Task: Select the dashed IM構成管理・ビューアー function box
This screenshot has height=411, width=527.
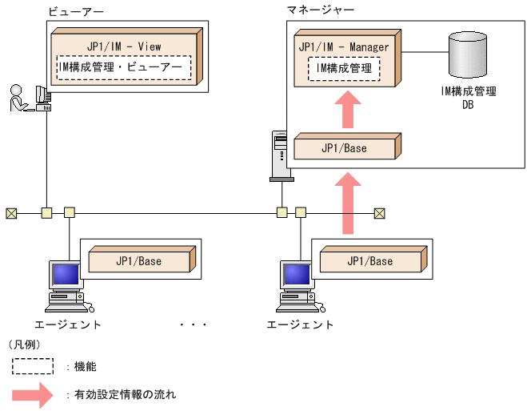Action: click(124, 68)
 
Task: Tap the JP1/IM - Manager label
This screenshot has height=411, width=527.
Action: click(344, 47)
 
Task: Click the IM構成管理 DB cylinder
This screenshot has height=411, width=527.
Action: click(468, 55)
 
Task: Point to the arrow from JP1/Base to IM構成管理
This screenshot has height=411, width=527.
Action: click(346, 109)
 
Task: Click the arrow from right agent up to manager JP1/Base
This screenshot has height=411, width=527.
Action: click(346, 205)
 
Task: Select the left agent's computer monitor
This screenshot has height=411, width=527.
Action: click(66, 276)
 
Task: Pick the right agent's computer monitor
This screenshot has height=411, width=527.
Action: click(297, 276)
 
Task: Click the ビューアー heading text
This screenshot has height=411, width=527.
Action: click(76, 12)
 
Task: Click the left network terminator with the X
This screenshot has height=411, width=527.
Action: click(11, 213)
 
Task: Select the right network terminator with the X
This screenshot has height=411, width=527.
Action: click(379, 213)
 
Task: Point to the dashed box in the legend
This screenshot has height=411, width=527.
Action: click(32, 367)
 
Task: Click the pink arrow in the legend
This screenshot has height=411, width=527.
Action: click(37, 394)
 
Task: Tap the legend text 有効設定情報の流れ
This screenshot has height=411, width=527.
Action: click(125, 394)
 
